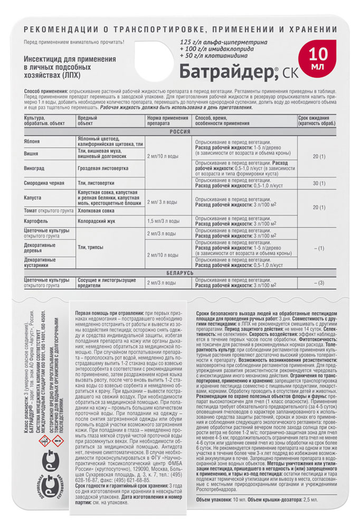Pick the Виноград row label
(35, 166)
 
